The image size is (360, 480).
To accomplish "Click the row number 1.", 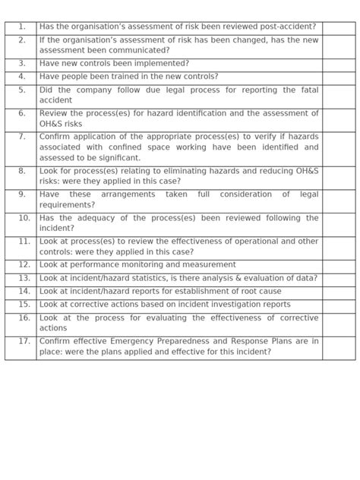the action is point(22,27).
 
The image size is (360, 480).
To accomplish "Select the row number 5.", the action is point(22,90).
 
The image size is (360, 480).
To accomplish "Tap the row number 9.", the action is point(22,194).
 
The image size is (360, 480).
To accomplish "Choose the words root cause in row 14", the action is point(259,291).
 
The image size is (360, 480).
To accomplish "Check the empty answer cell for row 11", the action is point(338,247).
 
